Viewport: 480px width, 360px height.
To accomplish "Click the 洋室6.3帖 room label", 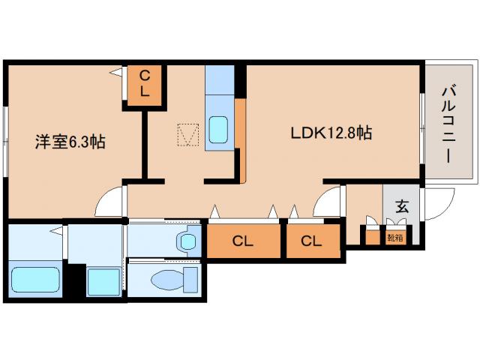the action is pos(70,142).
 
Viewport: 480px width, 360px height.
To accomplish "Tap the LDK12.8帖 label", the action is pos(331,133).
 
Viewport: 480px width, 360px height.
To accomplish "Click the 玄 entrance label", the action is pos(402,206).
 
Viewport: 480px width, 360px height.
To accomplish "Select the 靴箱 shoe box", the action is pos(395,238).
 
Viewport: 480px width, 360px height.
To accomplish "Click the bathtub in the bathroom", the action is pos(35,280).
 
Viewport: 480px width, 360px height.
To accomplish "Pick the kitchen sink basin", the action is pos(218,130).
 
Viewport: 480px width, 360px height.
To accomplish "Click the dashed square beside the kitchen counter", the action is pos(188,135).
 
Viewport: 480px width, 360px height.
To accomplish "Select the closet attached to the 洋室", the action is pos(145,85).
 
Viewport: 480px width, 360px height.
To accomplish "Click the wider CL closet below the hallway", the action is pos(243,241).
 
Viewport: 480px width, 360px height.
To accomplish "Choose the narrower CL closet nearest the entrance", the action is pos(313,241).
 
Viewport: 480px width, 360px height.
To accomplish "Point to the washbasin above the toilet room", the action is pos(187,241).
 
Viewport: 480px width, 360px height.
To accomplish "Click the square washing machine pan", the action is pos(103,282).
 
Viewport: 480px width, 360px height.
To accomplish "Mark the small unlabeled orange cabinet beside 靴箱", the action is pos(373,238).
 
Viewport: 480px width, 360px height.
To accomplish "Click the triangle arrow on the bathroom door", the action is pos(56,230).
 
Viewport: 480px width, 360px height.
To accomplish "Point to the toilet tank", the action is pos(190,280).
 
